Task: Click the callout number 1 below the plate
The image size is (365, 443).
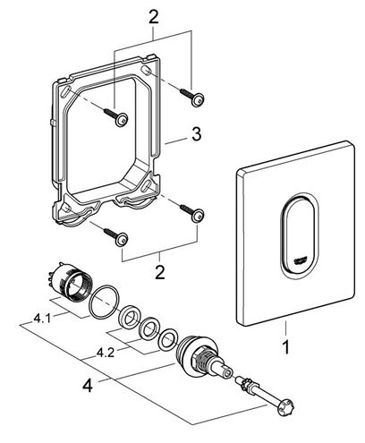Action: [x=286, y=347]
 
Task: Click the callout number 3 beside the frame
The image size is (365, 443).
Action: [x=196, y=134]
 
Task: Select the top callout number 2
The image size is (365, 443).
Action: [x=153, y=16]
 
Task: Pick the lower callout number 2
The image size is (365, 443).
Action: [x=160, y=272]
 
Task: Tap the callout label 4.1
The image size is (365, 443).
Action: [x=42, y=319]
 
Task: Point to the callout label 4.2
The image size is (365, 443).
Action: [x=106, y=354]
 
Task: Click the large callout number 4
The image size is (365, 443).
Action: [x=88, y=385]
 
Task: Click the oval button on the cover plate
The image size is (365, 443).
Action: [x=300, y=233]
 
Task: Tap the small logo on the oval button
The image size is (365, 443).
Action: [x=299, y=260]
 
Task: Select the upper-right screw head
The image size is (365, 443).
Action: [x=198, y=99]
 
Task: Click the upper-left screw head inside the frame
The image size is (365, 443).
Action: [x=122, y=120]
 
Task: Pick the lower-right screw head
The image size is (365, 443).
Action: [x=198, y=215]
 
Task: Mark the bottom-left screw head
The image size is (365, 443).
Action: [x=122, y=239]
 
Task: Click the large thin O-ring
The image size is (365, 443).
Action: [x=105, y=302]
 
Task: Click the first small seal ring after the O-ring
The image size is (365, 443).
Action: [x=129, y=317]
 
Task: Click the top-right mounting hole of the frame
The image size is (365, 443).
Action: [x=145, y=71]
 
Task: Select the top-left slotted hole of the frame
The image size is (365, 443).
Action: [x=67, y=91]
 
